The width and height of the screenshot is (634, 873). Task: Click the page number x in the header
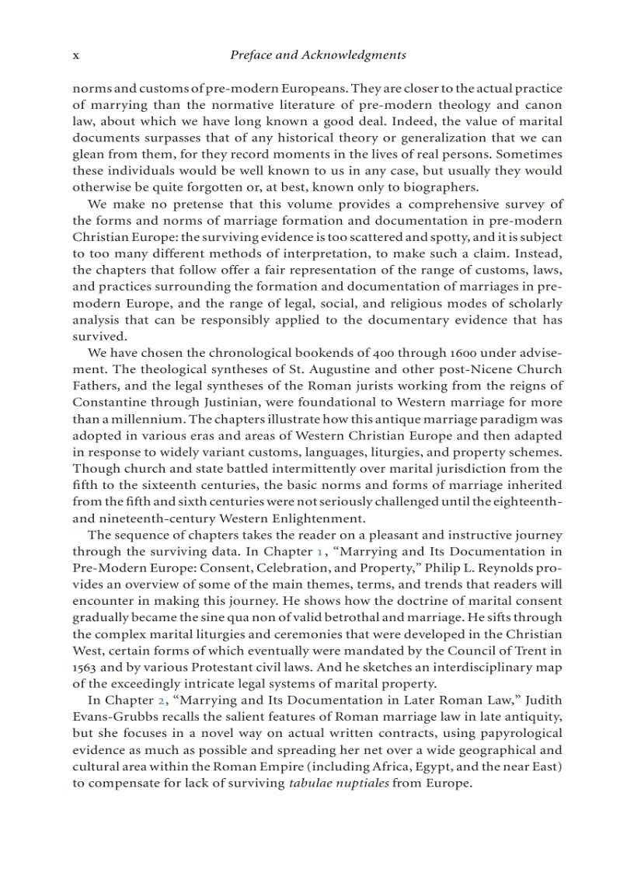point(76,55)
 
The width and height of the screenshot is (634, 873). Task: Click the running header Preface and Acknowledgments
point(318,55)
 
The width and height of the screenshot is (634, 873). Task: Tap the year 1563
point(85,667)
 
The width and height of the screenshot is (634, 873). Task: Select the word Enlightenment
point(317,518)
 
